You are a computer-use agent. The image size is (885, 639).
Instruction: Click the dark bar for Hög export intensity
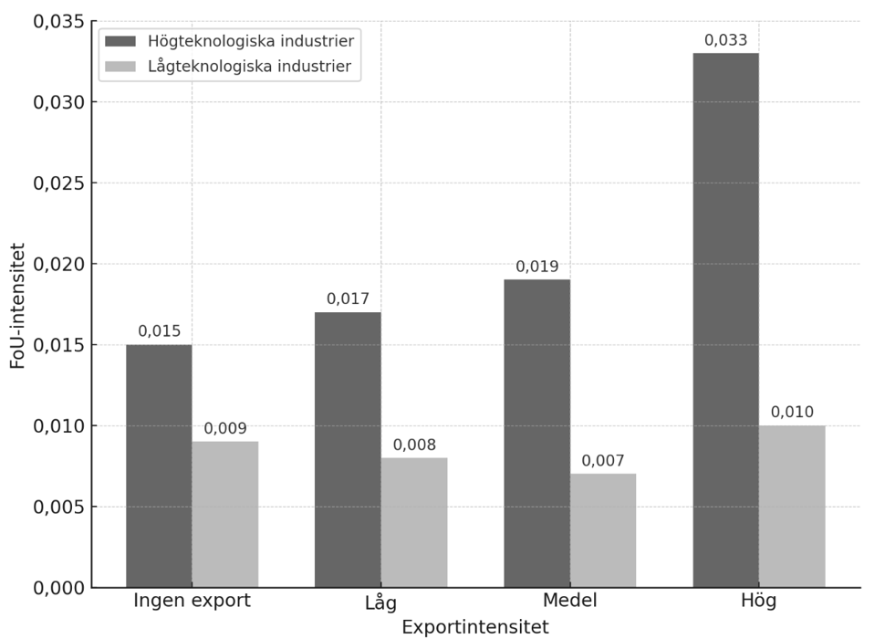(x=725, y=319)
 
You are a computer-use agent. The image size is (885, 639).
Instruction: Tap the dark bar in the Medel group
(x=536, y=433)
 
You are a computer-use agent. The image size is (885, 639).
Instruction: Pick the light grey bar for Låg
(x=413, y=522)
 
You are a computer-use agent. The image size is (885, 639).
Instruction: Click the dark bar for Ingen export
(x=159, y=466)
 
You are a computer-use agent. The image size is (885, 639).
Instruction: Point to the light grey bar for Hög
(x=791, y=506)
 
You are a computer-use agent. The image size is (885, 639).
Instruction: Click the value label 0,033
(x=725, y=40)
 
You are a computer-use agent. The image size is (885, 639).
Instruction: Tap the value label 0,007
(x=602, y=461)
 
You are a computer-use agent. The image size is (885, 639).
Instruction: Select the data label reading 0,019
(x=536, y=267)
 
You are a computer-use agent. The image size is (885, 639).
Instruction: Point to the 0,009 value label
(x=224, y=428)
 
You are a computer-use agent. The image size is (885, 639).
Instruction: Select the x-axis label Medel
(x=569, y=601)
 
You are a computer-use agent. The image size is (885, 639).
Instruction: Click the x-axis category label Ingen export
(x=192, y=601)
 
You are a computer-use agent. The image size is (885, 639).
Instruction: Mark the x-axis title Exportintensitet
(x=475, y=627)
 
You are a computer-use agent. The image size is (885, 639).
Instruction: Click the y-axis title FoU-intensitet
(x=18, y=306)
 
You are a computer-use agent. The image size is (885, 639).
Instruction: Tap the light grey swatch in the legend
(x=120, y=66)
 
